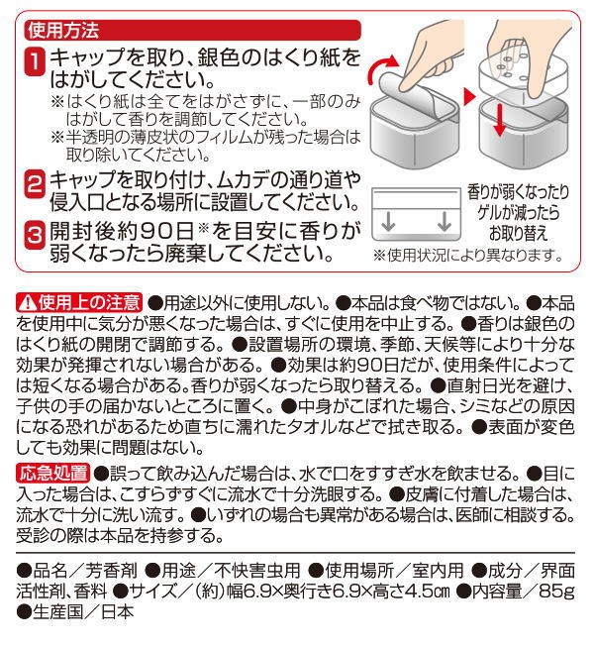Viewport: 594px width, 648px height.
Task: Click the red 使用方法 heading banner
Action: point(192,30)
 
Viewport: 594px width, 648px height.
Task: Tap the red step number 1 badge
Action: point(35,62)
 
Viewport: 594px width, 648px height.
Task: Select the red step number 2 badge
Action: point(35,184)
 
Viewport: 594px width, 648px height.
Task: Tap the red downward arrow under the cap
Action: point(500,120)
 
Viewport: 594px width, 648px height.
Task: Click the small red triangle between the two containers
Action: point(469,98)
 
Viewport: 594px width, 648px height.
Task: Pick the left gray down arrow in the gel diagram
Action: point(388,222)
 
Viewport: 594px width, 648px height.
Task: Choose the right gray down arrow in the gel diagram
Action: point(445,222)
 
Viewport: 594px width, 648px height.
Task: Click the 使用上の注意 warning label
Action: point(79,303)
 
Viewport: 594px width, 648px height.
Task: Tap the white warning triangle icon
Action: point(29,303)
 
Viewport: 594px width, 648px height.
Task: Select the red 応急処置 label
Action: point(52,474)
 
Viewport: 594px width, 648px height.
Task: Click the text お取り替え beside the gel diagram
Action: point(518,234)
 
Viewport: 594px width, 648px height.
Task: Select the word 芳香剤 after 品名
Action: point(111,571)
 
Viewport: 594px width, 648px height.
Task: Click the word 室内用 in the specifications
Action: point(438,571)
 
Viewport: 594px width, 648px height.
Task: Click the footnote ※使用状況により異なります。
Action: point(467,256)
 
